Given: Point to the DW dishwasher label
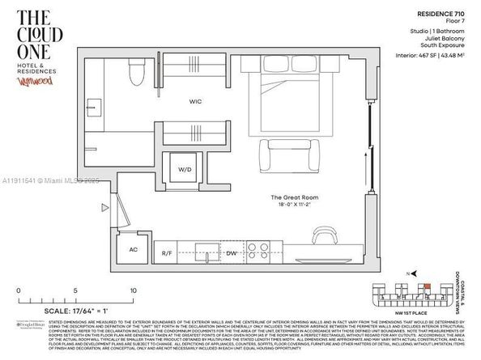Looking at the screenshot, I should pos(232,252).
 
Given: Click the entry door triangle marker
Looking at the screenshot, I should pos(104,208).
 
